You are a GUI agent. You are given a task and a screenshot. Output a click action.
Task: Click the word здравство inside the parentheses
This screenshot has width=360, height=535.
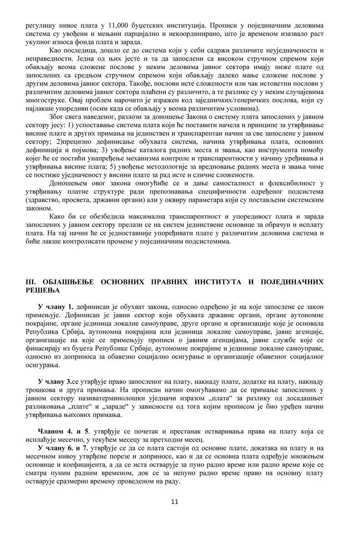(x=44, y=199)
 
